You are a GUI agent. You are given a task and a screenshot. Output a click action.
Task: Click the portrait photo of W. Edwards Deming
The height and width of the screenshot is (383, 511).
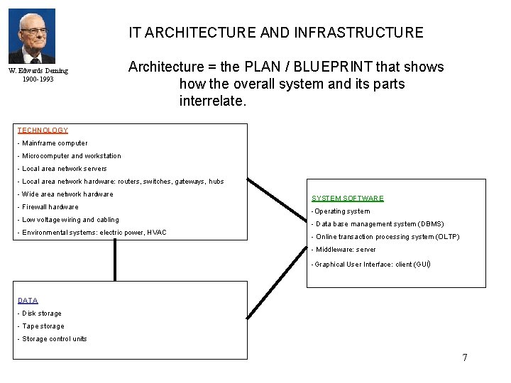(31, 36)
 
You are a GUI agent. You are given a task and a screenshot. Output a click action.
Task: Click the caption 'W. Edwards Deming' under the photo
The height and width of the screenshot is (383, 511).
(38, 71)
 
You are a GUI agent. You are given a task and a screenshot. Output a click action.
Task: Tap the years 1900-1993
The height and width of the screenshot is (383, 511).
(38, 79)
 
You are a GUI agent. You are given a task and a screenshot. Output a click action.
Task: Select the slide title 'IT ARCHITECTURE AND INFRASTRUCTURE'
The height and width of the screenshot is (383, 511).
(275, 33)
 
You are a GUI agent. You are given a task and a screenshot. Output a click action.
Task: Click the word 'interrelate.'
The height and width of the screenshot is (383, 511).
(212, 101)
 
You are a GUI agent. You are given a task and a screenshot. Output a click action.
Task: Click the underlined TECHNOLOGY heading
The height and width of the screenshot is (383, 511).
(43, 131)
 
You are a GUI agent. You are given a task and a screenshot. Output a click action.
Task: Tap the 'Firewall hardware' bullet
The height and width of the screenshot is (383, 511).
(48, 207)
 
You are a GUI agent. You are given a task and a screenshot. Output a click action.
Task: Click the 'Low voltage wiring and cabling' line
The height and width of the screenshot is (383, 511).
(69, 220)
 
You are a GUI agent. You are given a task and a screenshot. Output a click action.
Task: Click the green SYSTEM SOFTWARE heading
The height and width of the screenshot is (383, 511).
(348, 199)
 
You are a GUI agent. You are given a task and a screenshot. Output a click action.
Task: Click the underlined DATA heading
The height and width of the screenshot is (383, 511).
(28, 301)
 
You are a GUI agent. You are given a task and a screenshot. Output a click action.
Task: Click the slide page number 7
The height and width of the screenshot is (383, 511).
(465, 357)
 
